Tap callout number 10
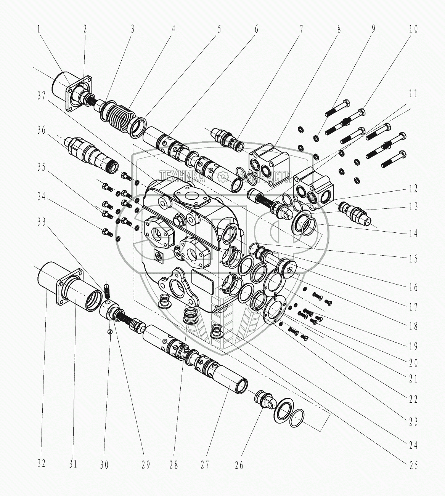click(x=413, y=29)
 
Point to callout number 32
click(x=41, y=463)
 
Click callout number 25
click(x=413, y=465)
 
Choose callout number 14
click(x=413, y=233)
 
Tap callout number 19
click(x=413, y=346)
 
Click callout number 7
click(x=301, y=29)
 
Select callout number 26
click(x=239, y=464)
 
